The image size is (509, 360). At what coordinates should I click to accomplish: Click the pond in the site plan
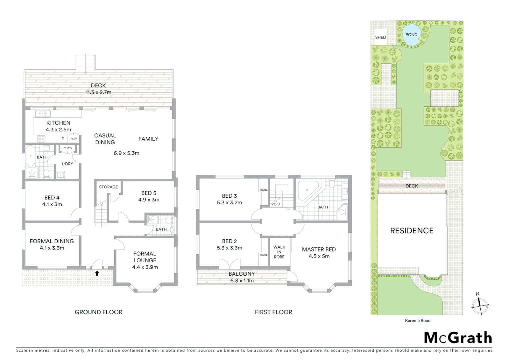click(x=411, y=35)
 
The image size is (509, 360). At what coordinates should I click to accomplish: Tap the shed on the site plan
click(x=380, y=37)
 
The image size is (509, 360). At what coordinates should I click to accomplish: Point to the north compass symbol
click(x=479, y=304)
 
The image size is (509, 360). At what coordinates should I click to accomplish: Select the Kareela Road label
click(x=417, y=321)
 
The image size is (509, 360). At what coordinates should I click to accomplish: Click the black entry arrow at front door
click(x=97, y=273)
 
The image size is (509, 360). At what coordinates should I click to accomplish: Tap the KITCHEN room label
click(x=58, y=123)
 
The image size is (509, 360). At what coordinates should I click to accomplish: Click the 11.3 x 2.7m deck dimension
click(x=98, y=92)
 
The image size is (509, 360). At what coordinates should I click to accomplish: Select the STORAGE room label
click(x=108, y=187)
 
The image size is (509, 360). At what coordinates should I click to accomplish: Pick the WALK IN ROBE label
click(x=279, y=252)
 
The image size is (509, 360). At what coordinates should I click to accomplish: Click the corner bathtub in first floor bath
click(x=307, y=192)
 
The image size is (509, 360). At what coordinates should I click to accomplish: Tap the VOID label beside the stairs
click(x=275, y=204)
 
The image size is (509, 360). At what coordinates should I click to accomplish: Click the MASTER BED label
click(x=319, y=249)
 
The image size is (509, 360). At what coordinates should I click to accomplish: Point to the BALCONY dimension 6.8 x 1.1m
click(x=242, y=281)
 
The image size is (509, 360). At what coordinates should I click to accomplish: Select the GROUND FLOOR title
click(x=98, y=312)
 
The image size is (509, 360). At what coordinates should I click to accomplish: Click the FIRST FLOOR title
click(x=273, y=312)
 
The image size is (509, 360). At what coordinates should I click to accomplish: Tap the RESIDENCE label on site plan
click(x=412, y=231)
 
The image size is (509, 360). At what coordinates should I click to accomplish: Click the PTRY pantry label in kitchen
click(x=73, y=139)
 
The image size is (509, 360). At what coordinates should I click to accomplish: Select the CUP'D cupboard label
click(x=67, y=148)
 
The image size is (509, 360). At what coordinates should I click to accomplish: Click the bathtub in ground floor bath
click(x=31, y=156)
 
